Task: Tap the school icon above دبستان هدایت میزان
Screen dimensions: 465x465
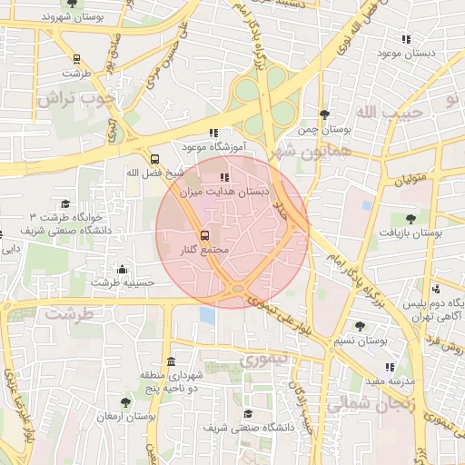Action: click(224, 177)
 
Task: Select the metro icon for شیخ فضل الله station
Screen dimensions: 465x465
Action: click(153, 158)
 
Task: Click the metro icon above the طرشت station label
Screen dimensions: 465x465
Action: click(76, 59)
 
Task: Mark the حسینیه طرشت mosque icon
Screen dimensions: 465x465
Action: click(123, 269)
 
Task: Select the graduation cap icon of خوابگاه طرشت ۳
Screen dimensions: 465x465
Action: click(64, 204)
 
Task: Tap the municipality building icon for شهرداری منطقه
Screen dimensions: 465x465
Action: click(172, 362)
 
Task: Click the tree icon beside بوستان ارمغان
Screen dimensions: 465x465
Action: click(125, 401)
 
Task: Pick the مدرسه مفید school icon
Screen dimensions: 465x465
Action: click(391, 367)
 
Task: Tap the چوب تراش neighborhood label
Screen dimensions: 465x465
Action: click(76, 98)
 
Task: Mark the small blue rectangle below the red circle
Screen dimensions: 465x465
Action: click(207, 315)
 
